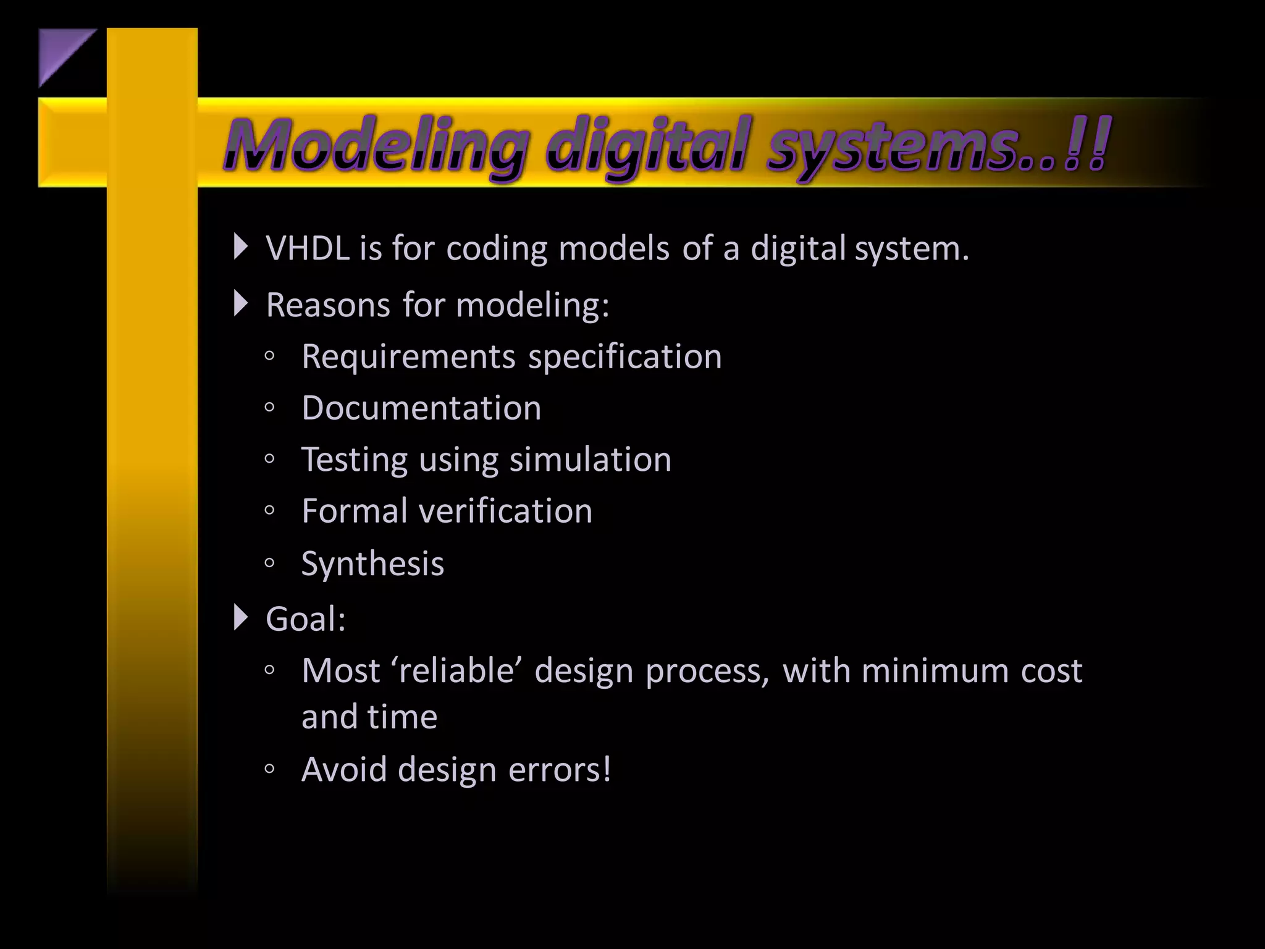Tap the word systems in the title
click(x=889, y=147)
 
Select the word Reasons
click(x=328, y=305)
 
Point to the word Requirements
click(x=408, y=357)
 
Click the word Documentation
click(x=421, y=408)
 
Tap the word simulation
click(x=590, y=460)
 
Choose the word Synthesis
click(x=372, y=563)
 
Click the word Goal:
click(x=306, y=618)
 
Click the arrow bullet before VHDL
click(x=241, y=247)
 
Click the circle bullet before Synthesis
click(x=269, y=563)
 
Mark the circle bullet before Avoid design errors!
click(x=269, y=769)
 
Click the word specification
click(x=625, y=357)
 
